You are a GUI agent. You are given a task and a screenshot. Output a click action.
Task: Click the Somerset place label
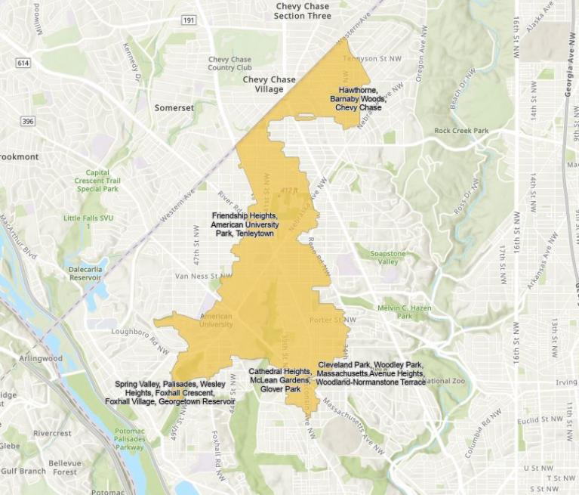click(174, 108)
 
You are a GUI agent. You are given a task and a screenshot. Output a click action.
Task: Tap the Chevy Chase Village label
click(269, 84)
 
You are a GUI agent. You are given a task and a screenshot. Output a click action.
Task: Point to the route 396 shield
click(27, 121)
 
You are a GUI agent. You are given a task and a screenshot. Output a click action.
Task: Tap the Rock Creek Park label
click(461, 131)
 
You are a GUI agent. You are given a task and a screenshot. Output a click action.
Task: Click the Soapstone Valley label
click(387, 257)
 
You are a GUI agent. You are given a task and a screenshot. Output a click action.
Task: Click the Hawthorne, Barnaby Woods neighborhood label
click(359, 98)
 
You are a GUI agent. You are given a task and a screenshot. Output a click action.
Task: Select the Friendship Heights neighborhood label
click(245, 224)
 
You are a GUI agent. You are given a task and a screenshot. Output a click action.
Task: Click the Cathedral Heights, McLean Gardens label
click(280, 380)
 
